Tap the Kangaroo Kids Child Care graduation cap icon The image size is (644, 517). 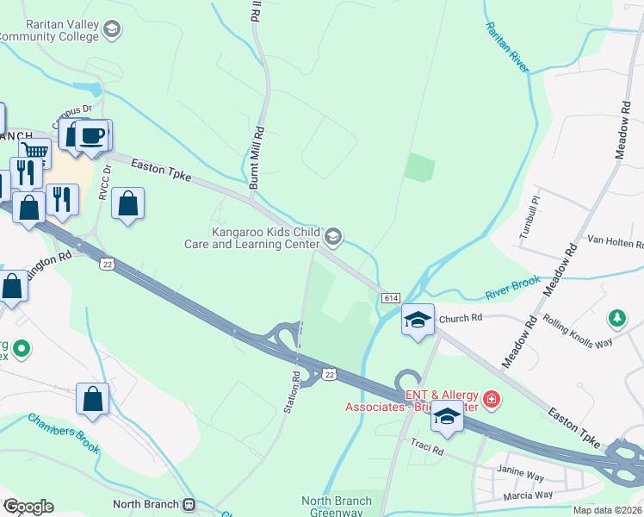[x=334, y=235]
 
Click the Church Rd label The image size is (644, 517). [x=459, y=318]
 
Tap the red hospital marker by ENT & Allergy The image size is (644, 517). [x=491, y=400]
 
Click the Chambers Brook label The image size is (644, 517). [x=65, y=433]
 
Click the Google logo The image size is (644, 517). [x=28, y=506]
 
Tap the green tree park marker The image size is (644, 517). [x=616, y=319]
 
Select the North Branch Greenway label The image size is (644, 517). [x=337, y=507]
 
